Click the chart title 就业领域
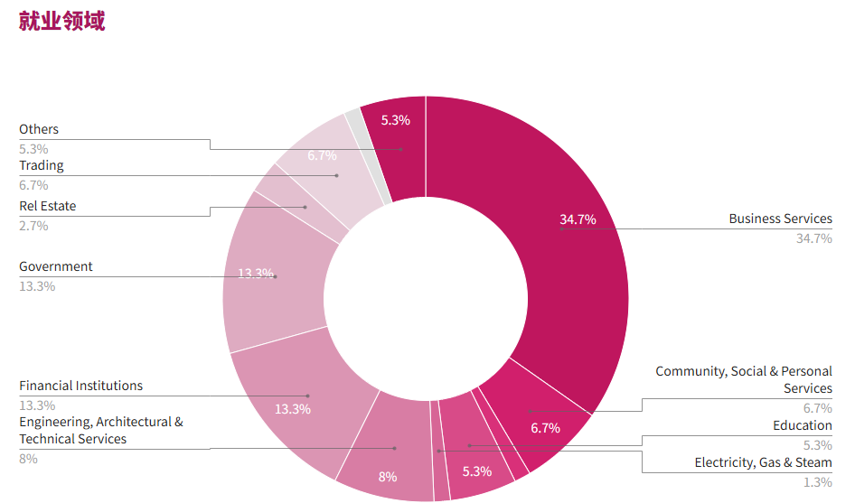coord(61,22)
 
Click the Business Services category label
coord(780,219)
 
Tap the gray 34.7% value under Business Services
coord(813,238)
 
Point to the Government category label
coord(56,266)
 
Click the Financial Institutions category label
coord(81,386)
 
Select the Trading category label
coord(42,165)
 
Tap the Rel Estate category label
coord(48,206)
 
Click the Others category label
coord(39,129)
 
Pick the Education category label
coord(802,425)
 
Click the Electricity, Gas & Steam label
coord(763,462)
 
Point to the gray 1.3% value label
coord(817,482)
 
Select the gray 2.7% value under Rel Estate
coord(33,226)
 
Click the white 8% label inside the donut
coord(388,477)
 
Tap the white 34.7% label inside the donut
coord(578,219)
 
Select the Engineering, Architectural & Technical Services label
coord(101,430)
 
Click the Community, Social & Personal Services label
coord(744,379)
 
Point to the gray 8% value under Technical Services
coord(29,459)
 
